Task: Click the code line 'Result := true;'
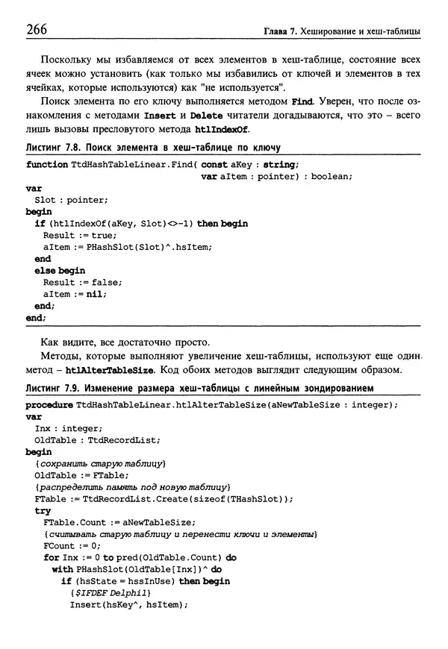(77, 235)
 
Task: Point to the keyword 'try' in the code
(43, 511)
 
